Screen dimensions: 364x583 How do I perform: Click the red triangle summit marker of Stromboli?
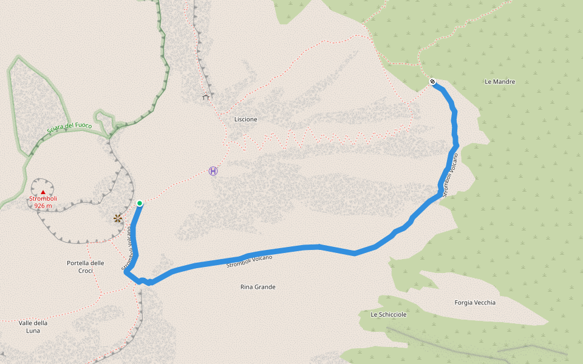click(x=43, y=192)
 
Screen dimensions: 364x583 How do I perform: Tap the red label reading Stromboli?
click(x=43, y=199)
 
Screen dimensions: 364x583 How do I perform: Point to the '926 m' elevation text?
click(x=43, y=206)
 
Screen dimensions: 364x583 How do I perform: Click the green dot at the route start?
click(x=140, y=203)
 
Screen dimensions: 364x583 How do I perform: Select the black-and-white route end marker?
click(x=432, y=81)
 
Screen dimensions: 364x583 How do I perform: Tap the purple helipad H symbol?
click(x=213, y=171)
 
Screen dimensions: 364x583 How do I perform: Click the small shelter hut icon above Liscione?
click(x=206, y=96)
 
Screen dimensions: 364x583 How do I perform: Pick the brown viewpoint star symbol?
click(x=118, y=218)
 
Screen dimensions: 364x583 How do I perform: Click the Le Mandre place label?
click(x=500, y=81)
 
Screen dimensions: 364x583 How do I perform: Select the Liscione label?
click(x=245, y=120)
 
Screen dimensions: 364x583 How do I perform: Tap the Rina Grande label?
click(x=257, y=287)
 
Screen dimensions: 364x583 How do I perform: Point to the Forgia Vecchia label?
click(x=475, y=303)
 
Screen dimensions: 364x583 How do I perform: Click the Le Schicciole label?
click(x=388, y=315)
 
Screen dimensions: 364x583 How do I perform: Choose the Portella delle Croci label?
click(x=85, y=267)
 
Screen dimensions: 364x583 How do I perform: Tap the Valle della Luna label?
click(x=33, y=327)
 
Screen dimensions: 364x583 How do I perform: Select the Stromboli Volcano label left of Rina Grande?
click(x=249, y=261)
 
